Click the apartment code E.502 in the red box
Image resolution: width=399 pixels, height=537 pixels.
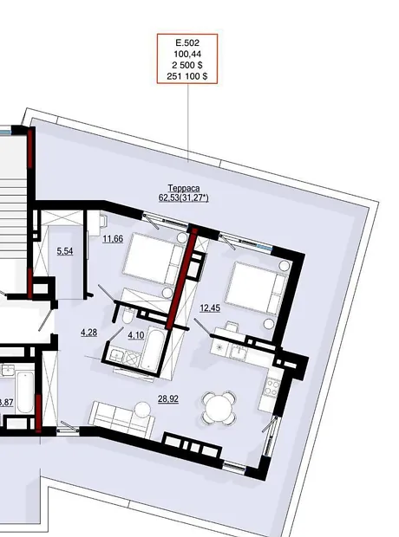[x=187, y=43]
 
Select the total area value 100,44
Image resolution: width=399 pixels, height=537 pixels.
[x=187, y=54]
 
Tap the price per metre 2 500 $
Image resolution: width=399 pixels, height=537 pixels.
[x=187, y=65]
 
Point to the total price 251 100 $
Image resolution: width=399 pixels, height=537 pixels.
[x=187, y=76]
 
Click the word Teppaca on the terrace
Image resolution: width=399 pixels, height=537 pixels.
[x=184, y=188]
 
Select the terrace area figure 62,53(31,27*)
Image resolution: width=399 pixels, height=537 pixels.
[x=184, y=197]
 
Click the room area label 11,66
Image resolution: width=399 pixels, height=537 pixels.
[x=113, y=239]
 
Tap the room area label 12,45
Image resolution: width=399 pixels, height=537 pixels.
[x=210, y=308]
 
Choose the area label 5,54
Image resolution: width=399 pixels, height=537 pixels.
[x=65, y=251]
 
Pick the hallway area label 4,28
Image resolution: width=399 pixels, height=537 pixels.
[x=88, y=333]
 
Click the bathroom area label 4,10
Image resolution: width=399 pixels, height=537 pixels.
[x=136, y=335]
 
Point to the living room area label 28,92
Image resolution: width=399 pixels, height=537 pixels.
[x=168, y=399]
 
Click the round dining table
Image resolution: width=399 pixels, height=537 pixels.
[x=219, y=407]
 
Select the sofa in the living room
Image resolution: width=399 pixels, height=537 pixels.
[x=121, y=419]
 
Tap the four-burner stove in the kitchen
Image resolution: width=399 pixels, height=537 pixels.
[x=271, y=386]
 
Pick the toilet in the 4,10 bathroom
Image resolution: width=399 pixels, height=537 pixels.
[x=128, y=315]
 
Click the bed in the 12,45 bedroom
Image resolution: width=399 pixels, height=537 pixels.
[x=257, y=288]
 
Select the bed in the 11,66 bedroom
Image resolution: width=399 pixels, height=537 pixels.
[x=154, y=259]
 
